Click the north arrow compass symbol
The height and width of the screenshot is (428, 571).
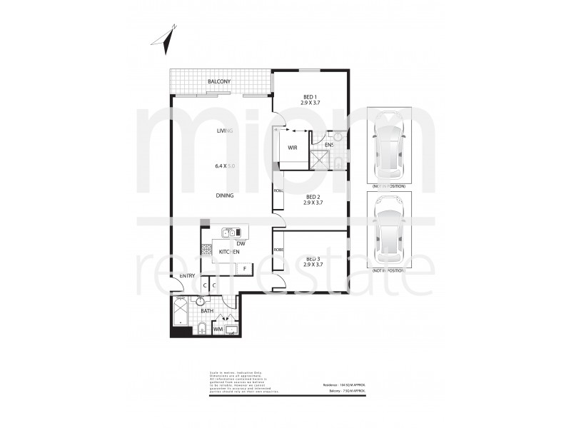[168, 40]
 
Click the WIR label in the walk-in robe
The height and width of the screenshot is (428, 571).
[293, 148]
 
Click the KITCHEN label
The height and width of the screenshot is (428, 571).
[229, 253]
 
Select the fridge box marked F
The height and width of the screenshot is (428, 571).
[244, 268]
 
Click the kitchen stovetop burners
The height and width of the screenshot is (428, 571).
[206, 251]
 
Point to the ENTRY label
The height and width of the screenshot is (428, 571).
[187, 275]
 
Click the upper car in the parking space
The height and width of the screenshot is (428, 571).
[389, 145]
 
